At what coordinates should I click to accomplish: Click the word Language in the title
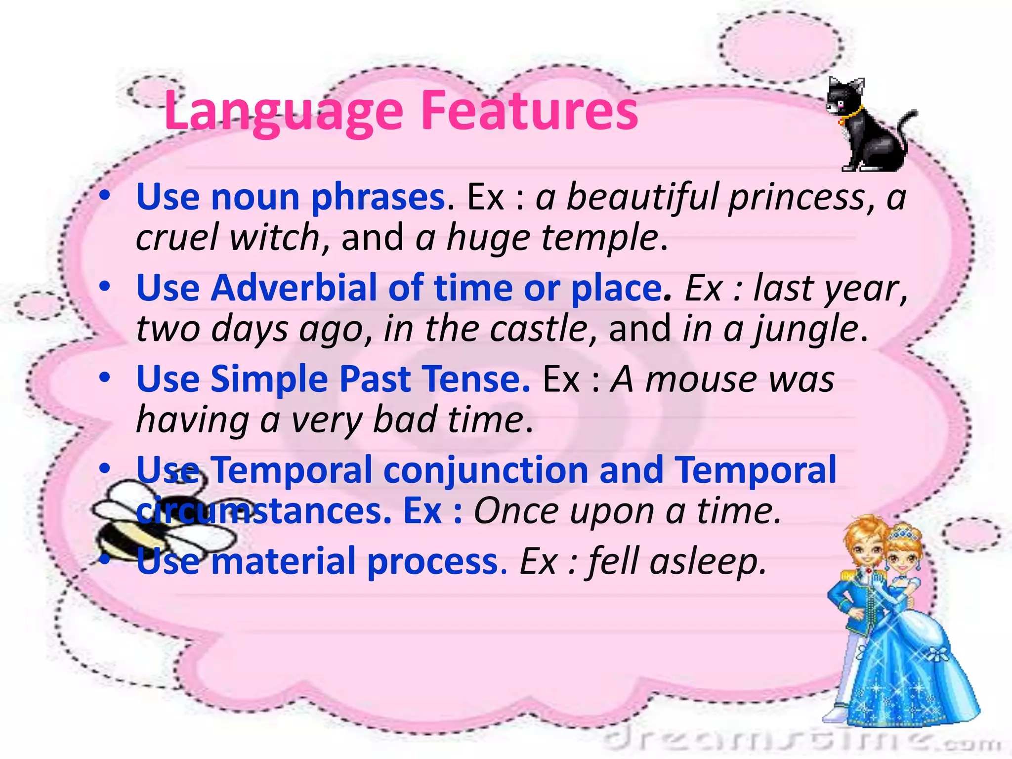tap(284, 113)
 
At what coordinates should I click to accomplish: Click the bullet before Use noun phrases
tap(104, 196)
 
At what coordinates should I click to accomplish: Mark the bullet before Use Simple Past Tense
tap(104, 378)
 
